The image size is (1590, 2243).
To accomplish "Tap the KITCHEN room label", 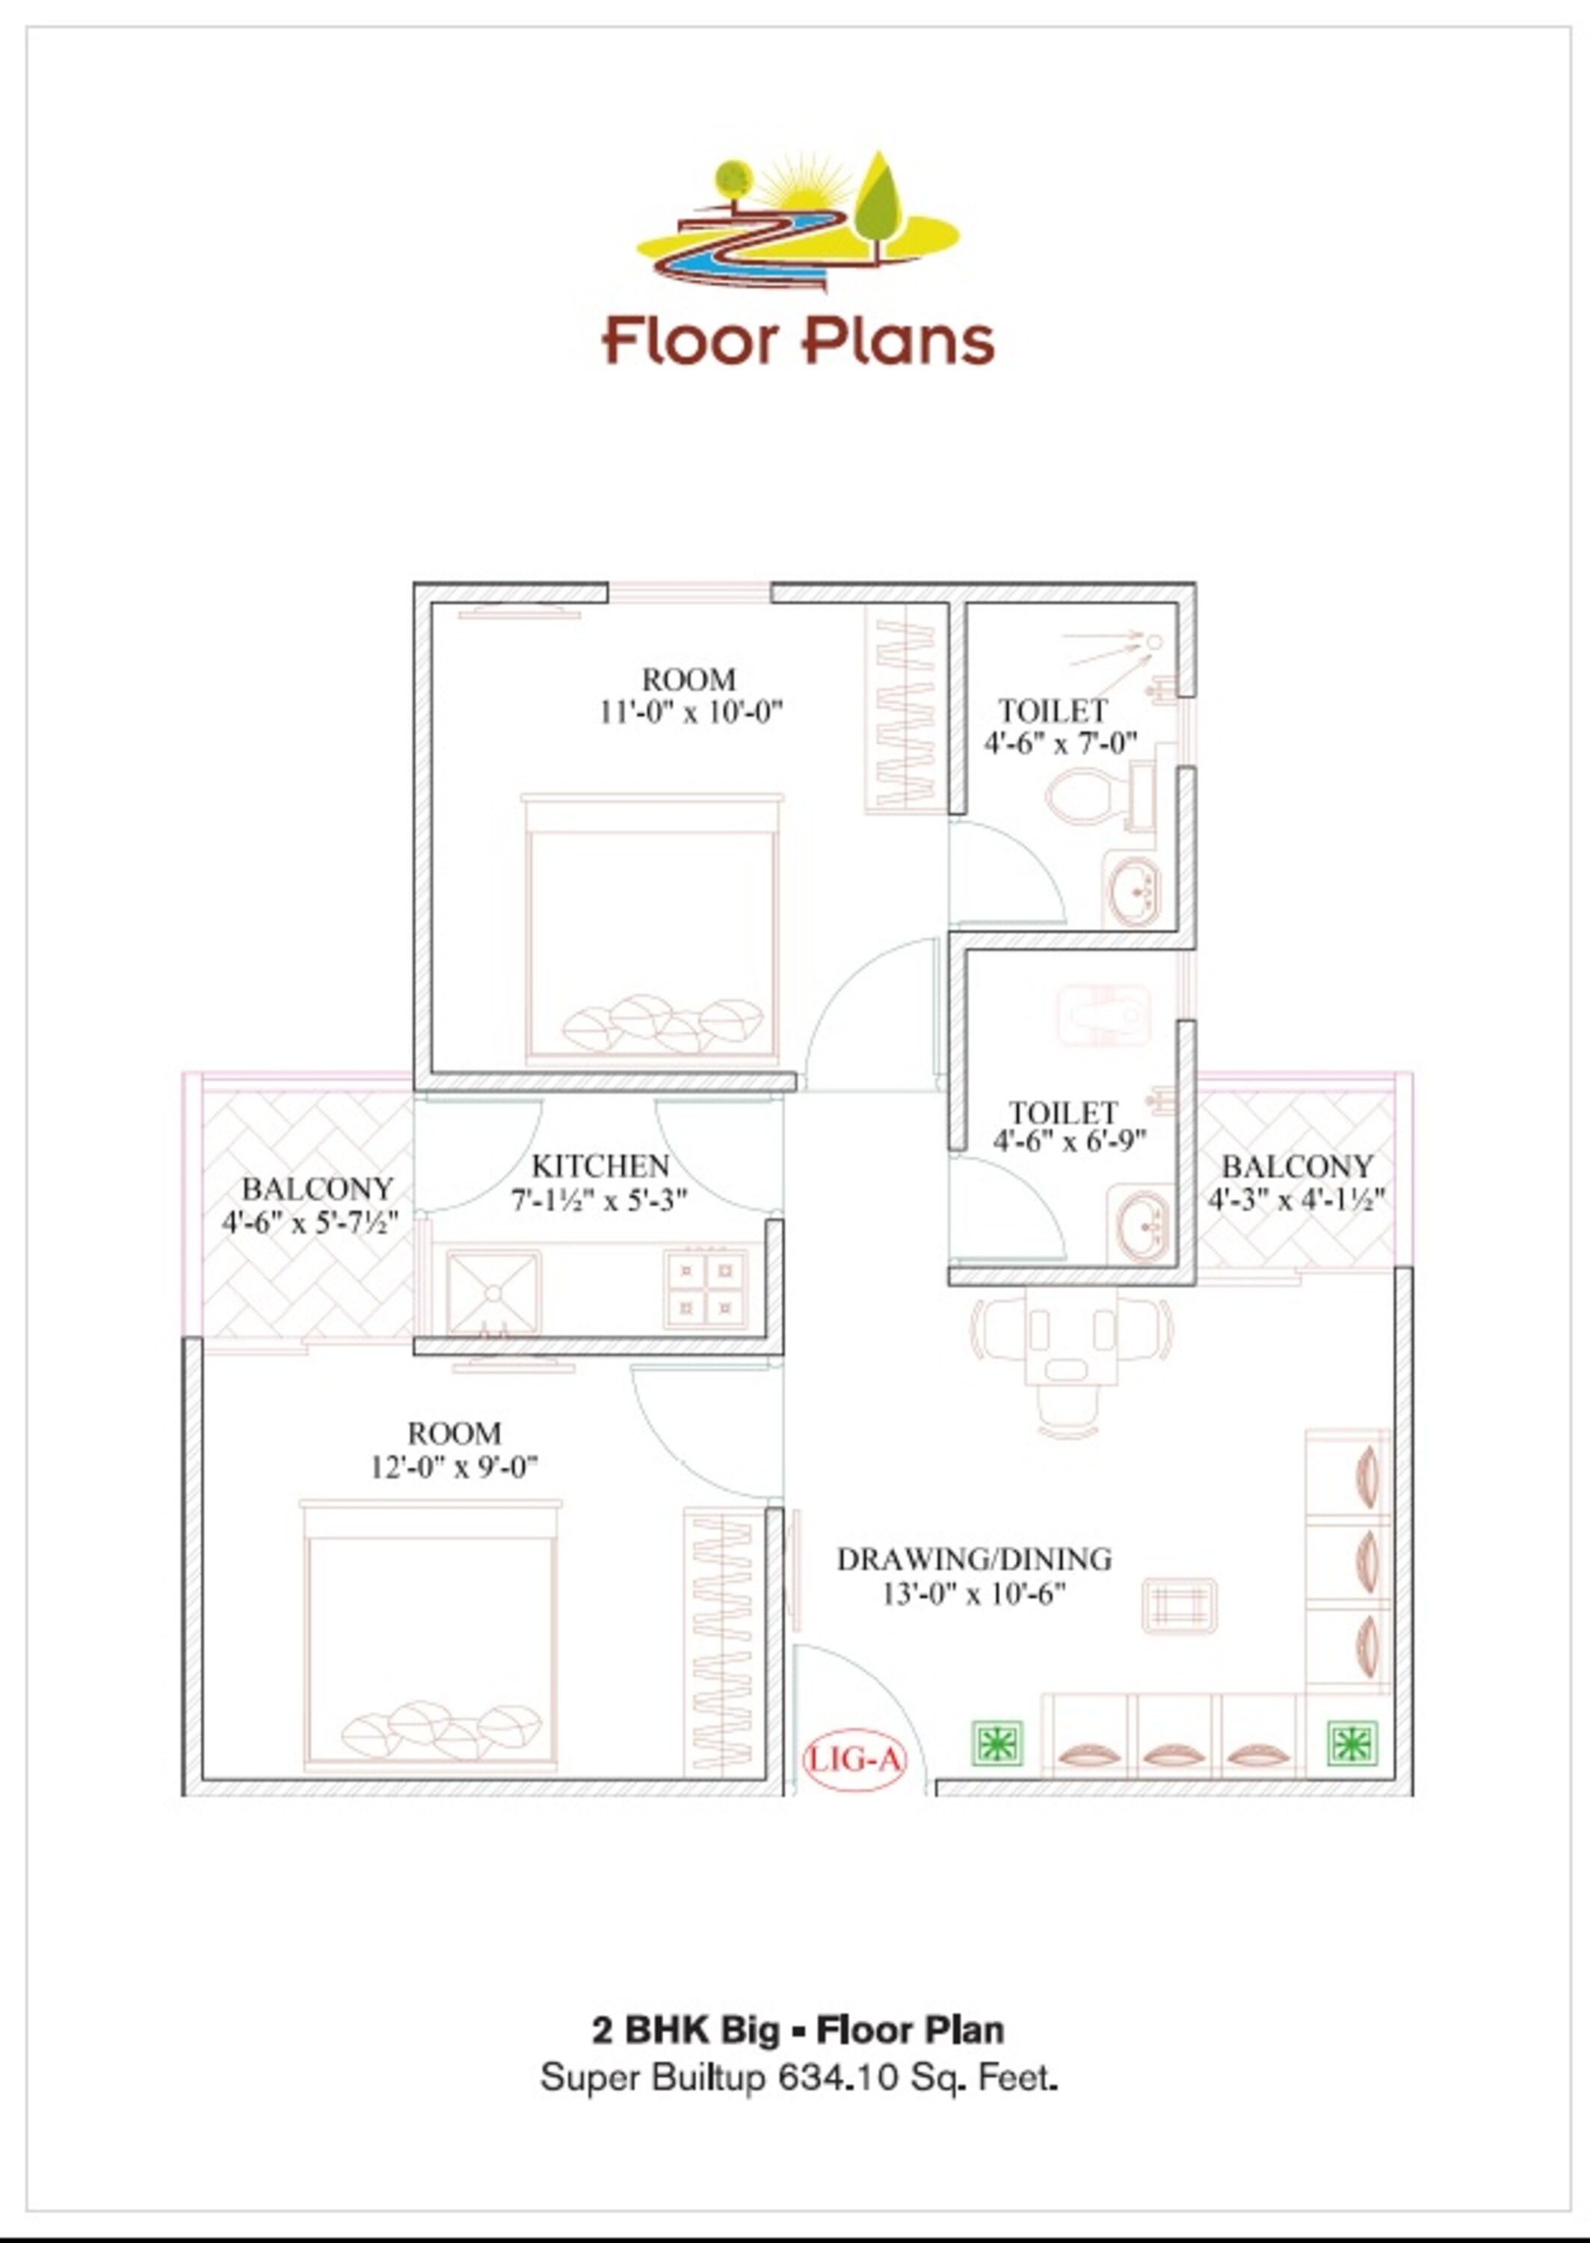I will (600, 1166).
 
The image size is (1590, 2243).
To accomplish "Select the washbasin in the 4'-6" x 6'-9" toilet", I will (1142, 1225).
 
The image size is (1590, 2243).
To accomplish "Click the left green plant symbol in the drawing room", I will (996, 1744).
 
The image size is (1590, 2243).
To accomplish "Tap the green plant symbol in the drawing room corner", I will (1352, 1743).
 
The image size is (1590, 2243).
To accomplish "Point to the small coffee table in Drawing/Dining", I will (1179, 1606).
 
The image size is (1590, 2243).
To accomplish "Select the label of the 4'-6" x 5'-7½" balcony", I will (316, 1189).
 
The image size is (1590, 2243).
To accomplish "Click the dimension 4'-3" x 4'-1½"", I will (1295, 1199).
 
